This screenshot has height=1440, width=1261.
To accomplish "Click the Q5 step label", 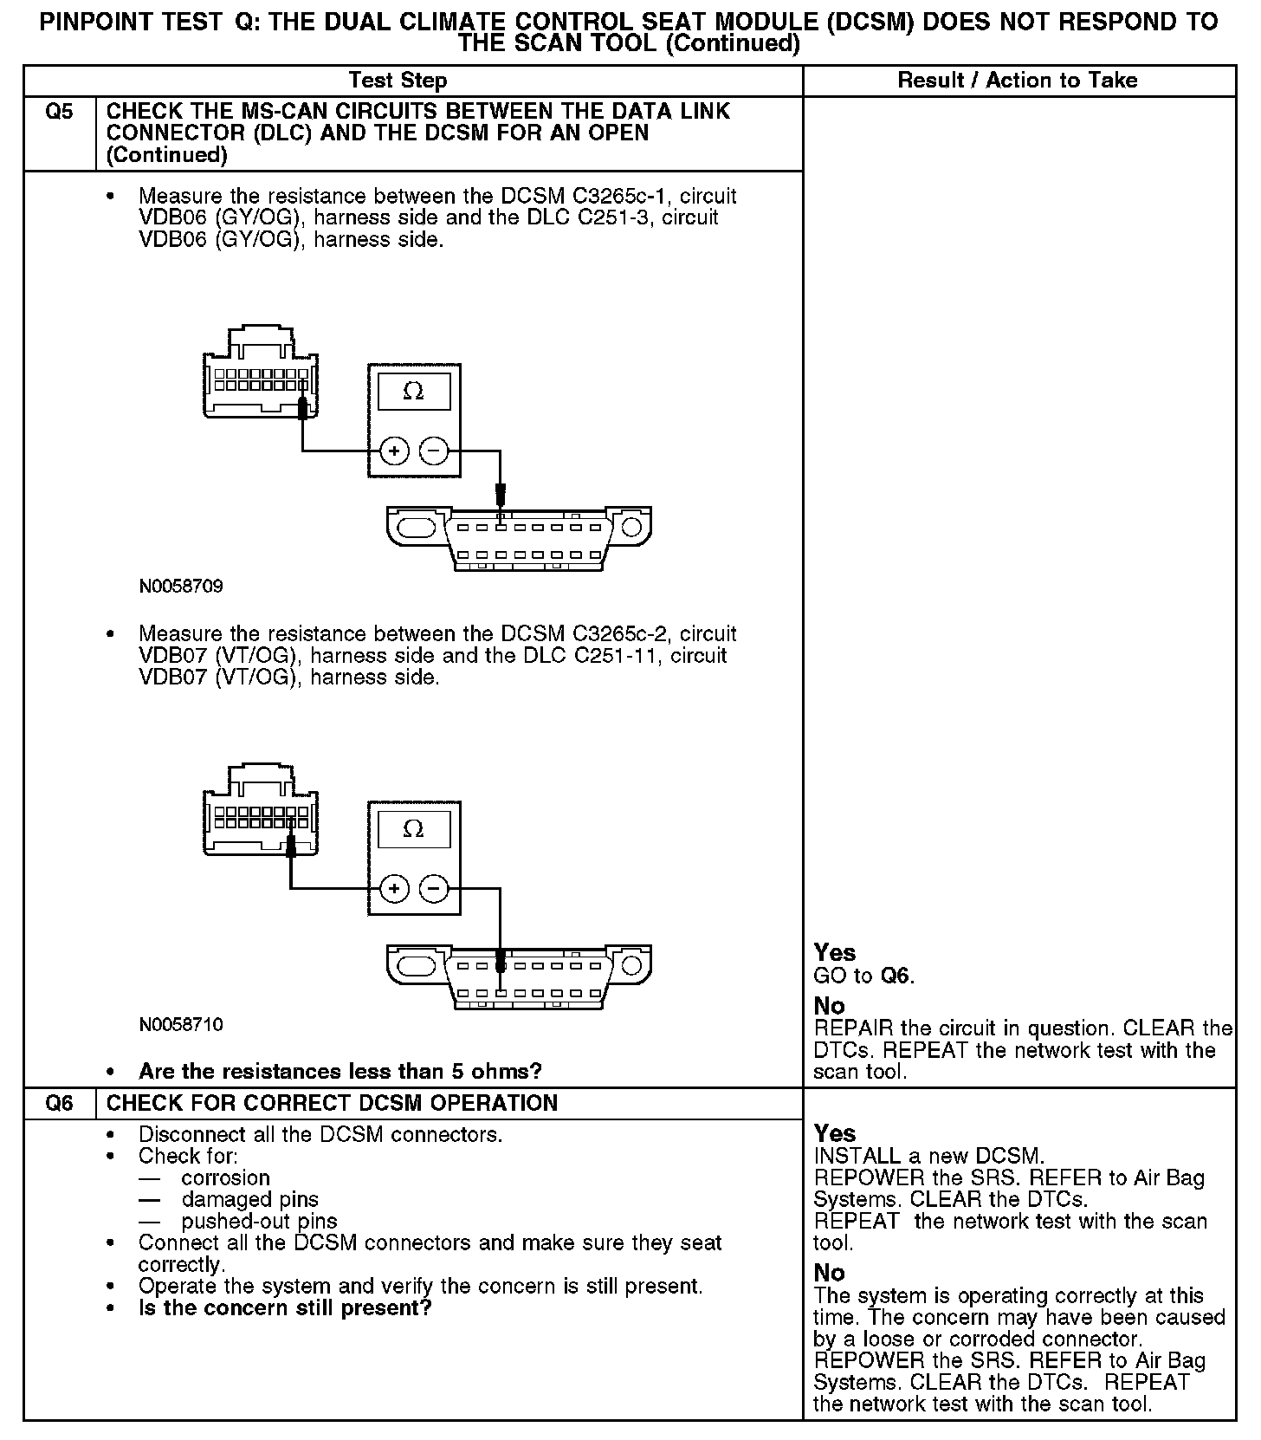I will click(x=59, y=112).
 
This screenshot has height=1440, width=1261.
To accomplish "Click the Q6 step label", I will click(x=59, y=1104).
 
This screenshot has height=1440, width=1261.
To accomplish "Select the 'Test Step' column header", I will click(x=398, y=81).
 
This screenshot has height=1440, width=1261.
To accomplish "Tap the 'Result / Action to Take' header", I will click(x=1018, y=81).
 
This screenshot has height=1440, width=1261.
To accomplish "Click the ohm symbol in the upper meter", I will click(x=414, y=392).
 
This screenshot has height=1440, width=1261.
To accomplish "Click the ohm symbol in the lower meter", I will click(x=414, y=829).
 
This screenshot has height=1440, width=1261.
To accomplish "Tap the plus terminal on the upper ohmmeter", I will click(x=394, y=451).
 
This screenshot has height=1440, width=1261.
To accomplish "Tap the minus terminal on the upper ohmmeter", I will click(x=434, y=451).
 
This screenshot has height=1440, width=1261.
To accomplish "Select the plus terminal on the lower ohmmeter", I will click(x=394, y=888).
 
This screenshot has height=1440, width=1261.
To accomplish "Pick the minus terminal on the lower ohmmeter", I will click(x=434, y=888).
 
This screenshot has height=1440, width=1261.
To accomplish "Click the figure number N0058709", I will click(x=181, y=587).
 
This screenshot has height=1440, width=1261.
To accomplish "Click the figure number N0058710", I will click(x=181, y=1025).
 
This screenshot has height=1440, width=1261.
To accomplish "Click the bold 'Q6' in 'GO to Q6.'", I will click(x=896, y=976).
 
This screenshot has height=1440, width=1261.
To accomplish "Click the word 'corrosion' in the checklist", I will click(x=225, y=1178).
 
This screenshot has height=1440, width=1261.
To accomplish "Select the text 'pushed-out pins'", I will click(x=259, y=1222).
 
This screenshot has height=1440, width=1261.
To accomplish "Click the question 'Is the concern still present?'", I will click(x=285, y=1307).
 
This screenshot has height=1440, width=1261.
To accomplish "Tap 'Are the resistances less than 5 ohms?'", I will click(x=339, y=1072).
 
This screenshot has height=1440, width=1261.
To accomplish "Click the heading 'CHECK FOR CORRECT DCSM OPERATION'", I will click(x=332, y=1104).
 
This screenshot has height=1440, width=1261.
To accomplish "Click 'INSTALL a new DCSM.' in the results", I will click(x=929, y=1156).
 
